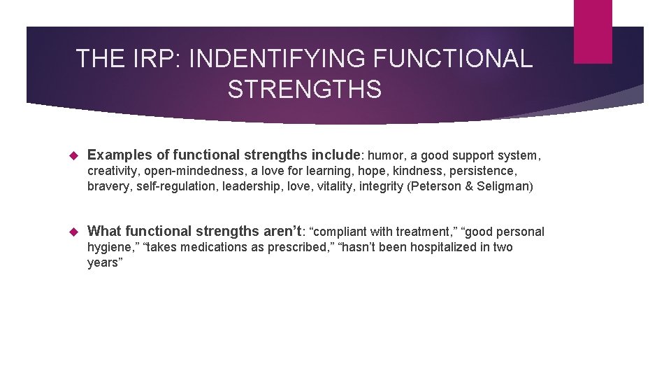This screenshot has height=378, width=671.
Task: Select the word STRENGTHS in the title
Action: point(304,90)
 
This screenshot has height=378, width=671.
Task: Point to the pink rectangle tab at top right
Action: point(592,31)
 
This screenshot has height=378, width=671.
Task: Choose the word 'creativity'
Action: point(113,171)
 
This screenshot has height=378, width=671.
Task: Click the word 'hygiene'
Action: point(108,247)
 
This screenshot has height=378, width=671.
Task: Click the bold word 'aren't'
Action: point(277,231)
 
